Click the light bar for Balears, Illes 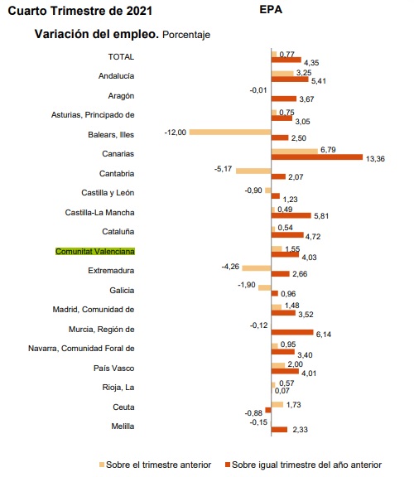pos(230,132)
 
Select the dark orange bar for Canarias pos(317,157)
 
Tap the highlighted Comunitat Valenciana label pos(95,252)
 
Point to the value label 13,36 pos(375,159)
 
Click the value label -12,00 pos(176,132)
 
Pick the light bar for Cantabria pos(253,171)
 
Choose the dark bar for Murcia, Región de pos(292,332)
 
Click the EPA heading pos(271,9)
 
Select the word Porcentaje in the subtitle pos(186,35)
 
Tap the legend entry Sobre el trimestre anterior pos(155,465)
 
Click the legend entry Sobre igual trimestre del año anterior pos(303,465)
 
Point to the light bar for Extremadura pos(257,268)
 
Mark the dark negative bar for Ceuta pos(268,410)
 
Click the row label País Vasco pos(113,368)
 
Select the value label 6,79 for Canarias pos(328,150)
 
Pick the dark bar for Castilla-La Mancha pos(291,215)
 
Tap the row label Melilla pos(123,426)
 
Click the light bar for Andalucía pos(282,74)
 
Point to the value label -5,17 pos(224,169)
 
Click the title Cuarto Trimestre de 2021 pos(80,11)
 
